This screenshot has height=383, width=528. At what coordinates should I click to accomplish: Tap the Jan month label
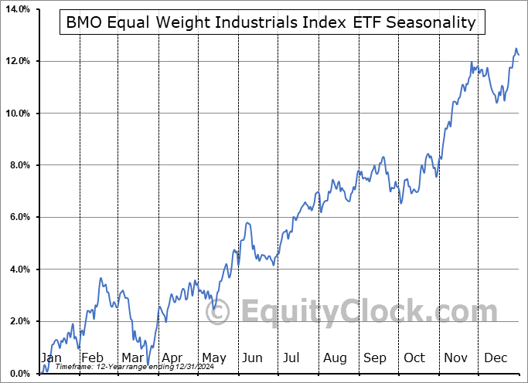pyautogui.click(x=51, y=358)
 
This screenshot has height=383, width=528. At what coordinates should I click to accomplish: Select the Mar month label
pyautogui.click(x=131, y=358)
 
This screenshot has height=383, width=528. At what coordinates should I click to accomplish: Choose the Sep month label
pyautogui.click(x=375, y=358)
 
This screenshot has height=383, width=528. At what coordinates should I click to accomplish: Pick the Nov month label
pyautogui.click(x=456, y=358)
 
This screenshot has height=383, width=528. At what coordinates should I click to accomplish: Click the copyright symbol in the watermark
pyautogui.click(x=220, y=313)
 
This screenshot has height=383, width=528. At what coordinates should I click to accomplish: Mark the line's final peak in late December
pyautogui.click(x=516, y=49)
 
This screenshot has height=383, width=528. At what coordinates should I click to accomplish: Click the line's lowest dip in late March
pyautogui.click(x=148, y=362)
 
